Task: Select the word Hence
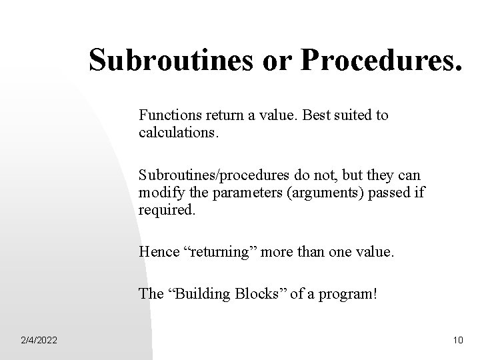(157, 251)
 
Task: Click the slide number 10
(457, 341)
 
